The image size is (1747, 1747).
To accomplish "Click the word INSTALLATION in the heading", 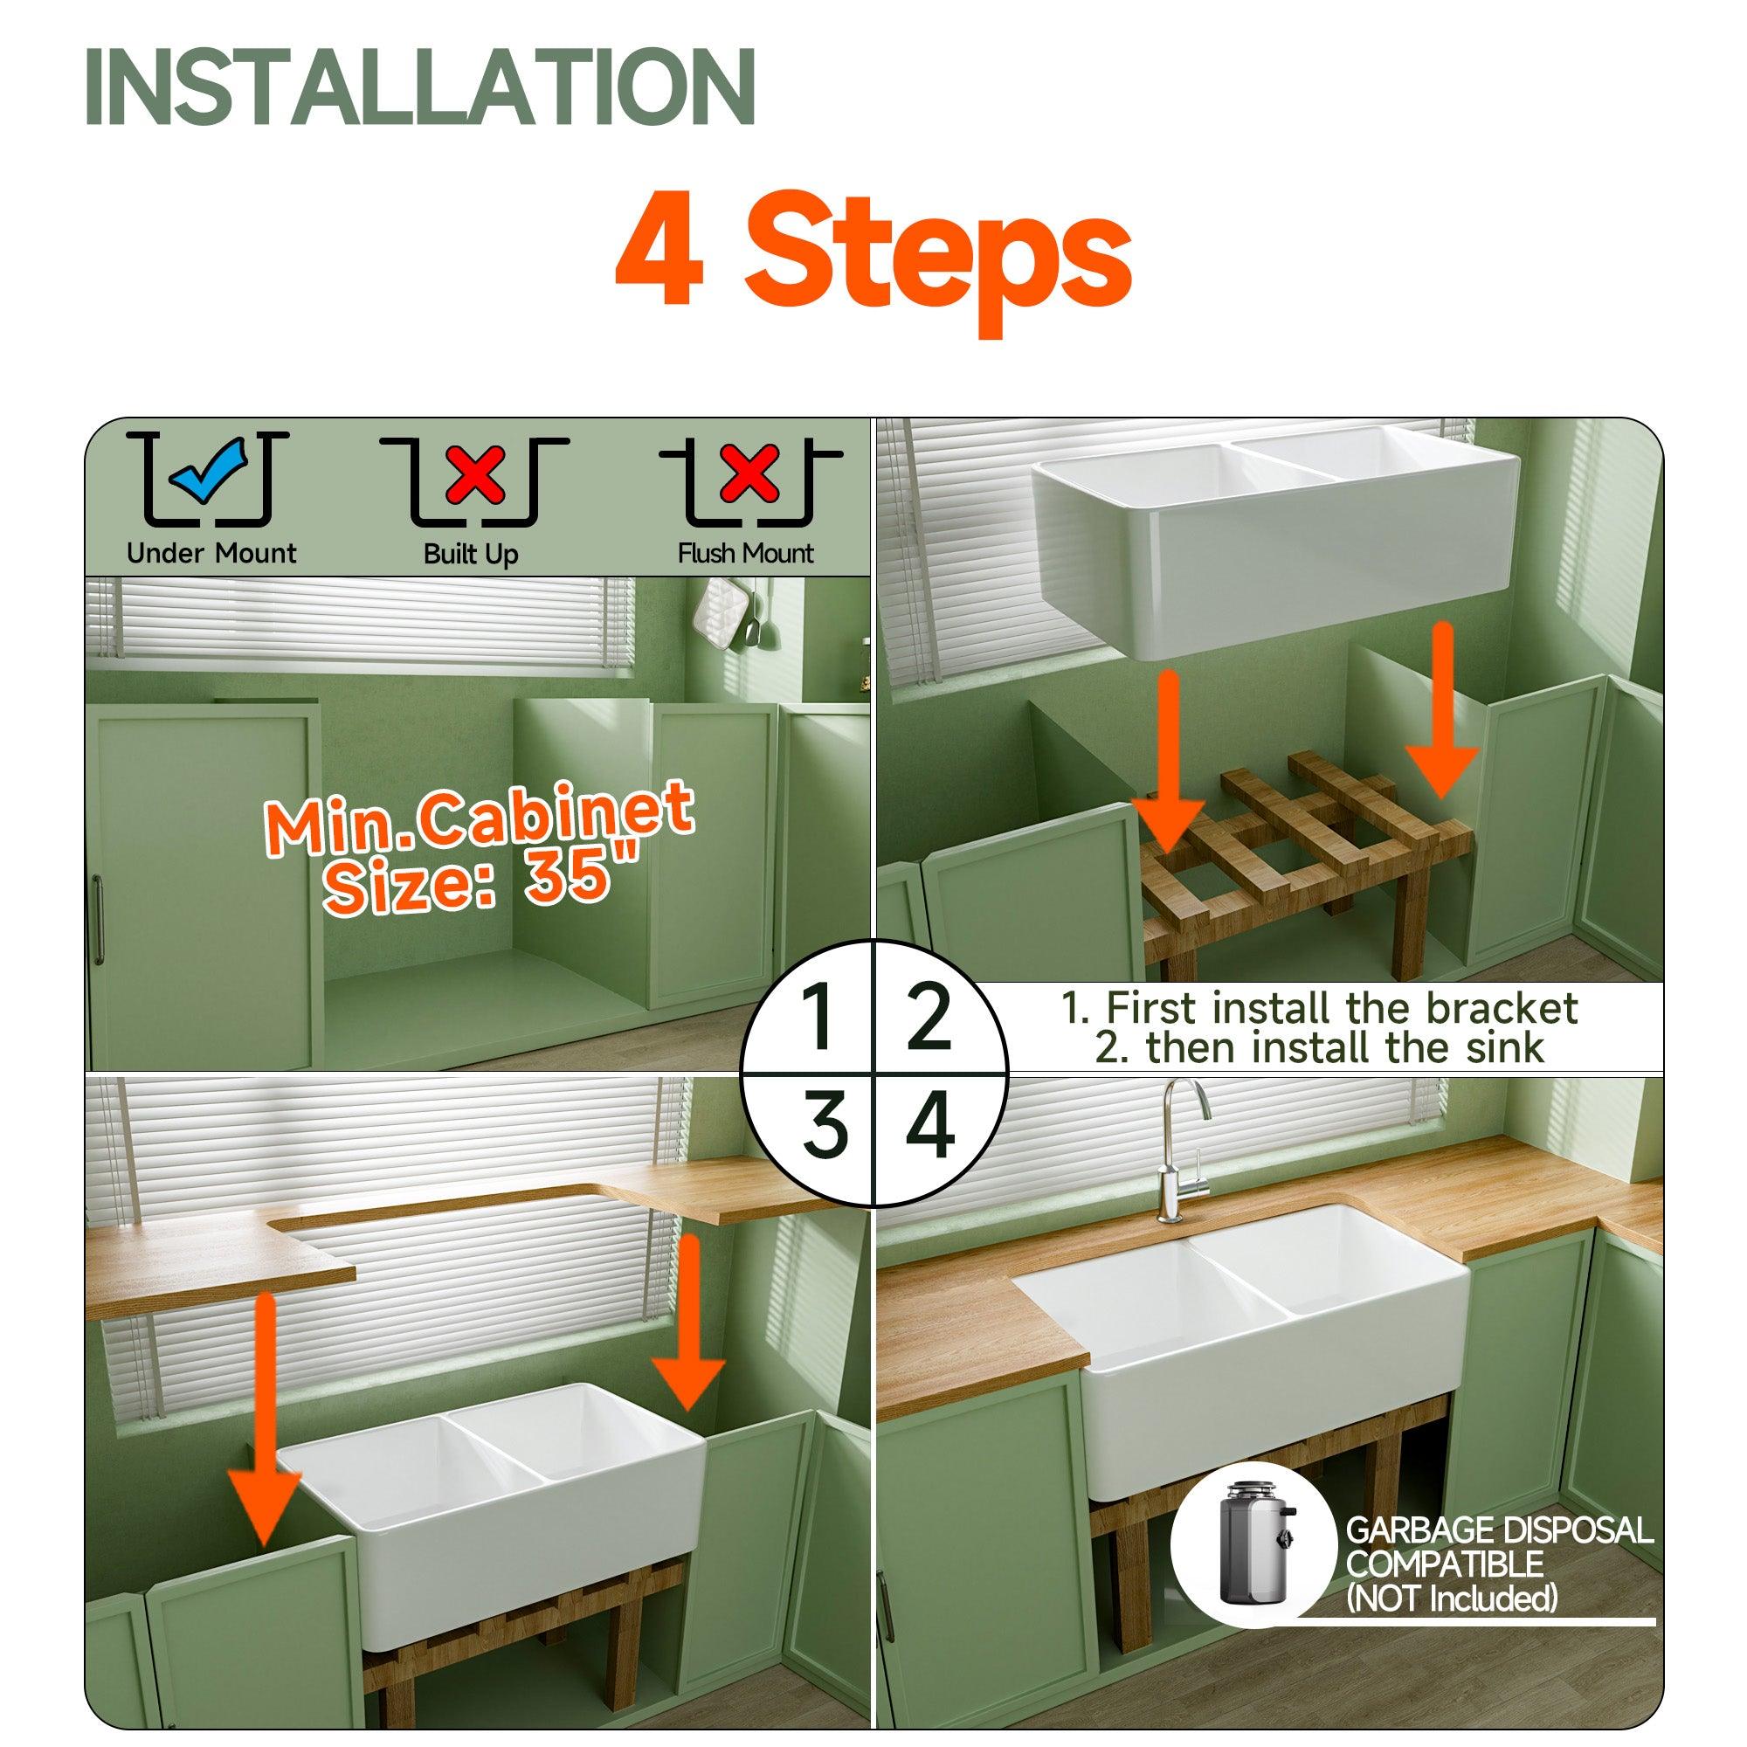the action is coord(420,86).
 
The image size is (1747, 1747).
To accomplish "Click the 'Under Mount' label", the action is coord(211,553).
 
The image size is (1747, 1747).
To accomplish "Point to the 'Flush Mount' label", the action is coord(746,553).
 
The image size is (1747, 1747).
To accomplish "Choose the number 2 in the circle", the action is coord(928,1019).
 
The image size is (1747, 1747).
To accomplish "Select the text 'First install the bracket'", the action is coord(1343,1007).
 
